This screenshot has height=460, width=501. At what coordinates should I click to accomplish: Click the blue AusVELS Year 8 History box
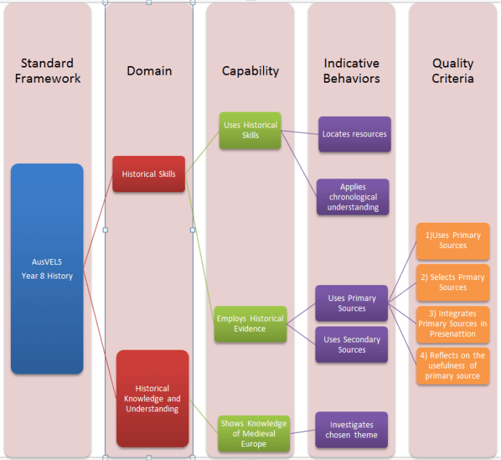pyautogui.click(x=47, y=268)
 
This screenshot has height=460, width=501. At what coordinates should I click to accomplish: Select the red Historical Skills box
pyautogui.click(x=149, y=174)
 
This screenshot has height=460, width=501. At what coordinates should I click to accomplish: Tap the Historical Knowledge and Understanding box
pyautogui.click(x=152, y=398)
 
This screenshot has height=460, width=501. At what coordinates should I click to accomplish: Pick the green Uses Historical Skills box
pyautogui.click(x=250, y=131)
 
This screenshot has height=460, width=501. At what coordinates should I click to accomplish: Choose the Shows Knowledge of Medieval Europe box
pyautogui.click(x=254, y=433)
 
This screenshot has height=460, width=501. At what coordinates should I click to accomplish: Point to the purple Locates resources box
pyautogui.click(x=354, y=134)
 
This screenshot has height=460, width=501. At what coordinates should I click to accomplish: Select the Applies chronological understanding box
pyautogui.click(x=353, y=197)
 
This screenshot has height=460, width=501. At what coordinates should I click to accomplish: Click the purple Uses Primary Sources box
pyautogui.click(x=352, y=303)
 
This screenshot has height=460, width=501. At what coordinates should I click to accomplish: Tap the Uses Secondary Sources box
pyautogui.click(x=352, y=345)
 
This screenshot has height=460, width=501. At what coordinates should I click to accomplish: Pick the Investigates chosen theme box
pyautogui.click(x=352, y=430)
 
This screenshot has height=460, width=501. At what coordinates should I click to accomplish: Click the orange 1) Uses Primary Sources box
pyautogui.click(x=452, y=241)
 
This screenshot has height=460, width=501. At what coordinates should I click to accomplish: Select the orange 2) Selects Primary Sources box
pyautogui.click(x=452, y=282)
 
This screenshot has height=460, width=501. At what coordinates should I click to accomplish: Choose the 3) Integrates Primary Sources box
pyautogui.click(x=452, y=324)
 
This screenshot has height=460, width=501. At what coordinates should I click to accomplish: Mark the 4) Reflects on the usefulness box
pyautogui.click(x=452, y=366)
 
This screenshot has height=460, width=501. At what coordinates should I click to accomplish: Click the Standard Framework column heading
pyautogui.click(x=47, y=71)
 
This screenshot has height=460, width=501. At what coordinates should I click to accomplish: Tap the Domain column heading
pyautogui.click(x=149, y=71)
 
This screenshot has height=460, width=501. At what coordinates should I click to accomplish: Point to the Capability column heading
pyautogui.click(x=250, y=71)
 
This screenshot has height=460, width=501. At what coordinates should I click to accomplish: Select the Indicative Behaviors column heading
pyautogui.click(x=352, y=71)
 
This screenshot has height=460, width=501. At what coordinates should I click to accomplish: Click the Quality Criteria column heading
pyautogui.click(x=452, y=71)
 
